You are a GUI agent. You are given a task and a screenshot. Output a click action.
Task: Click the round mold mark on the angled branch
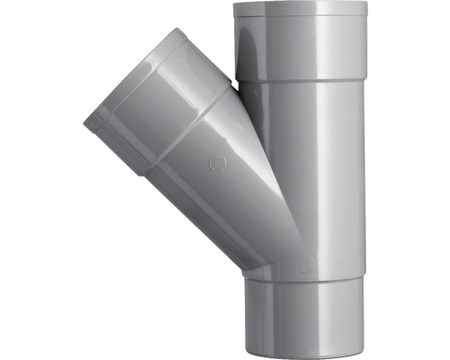(x=215, y=166)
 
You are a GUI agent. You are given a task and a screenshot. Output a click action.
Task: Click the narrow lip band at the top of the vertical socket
(x=301, y=10)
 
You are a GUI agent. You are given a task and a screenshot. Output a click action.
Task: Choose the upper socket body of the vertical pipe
(x=301, y=45)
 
